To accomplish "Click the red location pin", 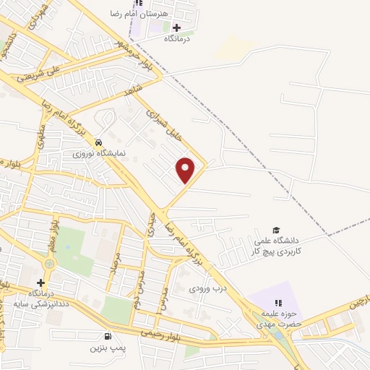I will coord(186,171).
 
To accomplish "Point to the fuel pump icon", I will coord(108,336).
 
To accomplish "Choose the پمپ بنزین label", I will coord(108,348).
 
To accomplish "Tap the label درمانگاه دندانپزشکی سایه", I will coord(40,299).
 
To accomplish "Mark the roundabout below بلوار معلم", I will coord(48,264).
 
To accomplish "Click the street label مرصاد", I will coord(113,272).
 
